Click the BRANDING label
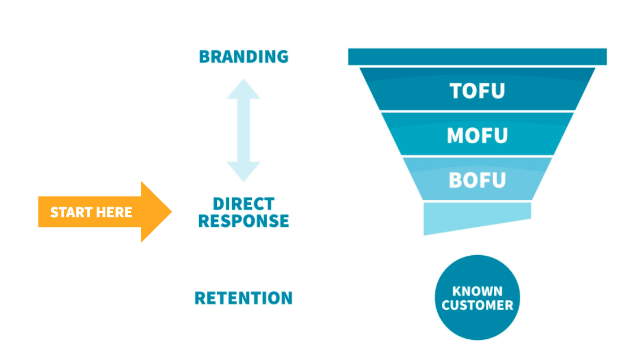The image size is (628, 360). pyautogui.click(x=243, y=57)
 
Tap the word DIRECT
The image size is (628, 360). pyautogui.click(x=243, y=204)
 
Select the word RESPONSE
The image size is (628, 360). pyautogui.click(x=243, y=221)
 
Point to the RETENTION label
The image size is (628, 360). pyautogui.click(x=243, y=298)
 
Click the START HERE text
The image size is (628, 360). pyautogui.click(x=91, y=213)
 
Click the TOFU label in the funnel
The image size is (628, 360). pyautogui.click(x=477, y=91)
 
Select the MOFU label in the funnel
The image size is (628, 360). pyautogui.click(x=477, y=136)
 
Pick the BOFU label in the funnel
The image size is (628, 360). pyautogui.click(x=477, y=179)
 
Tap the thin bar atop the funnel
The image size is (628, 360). pyautogui.click(x=477, y=57)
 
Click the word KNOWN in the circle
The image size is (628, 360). pyautogui.click(x=477, y=291)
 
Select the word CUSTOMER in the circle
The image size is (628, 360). pyautogui.click(x=477, y=306)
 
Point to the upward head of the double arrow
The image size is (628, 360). pyautogui.click(x=243, y=89)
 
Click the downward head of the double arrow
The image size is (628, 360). pyautogui.click(x=243, y=172)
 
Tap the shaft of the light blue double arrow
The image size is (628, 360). pyautogui.click(x=243, y=130)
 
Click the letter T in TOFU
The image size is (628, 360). pyautogui.click(x=456, y=91)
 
